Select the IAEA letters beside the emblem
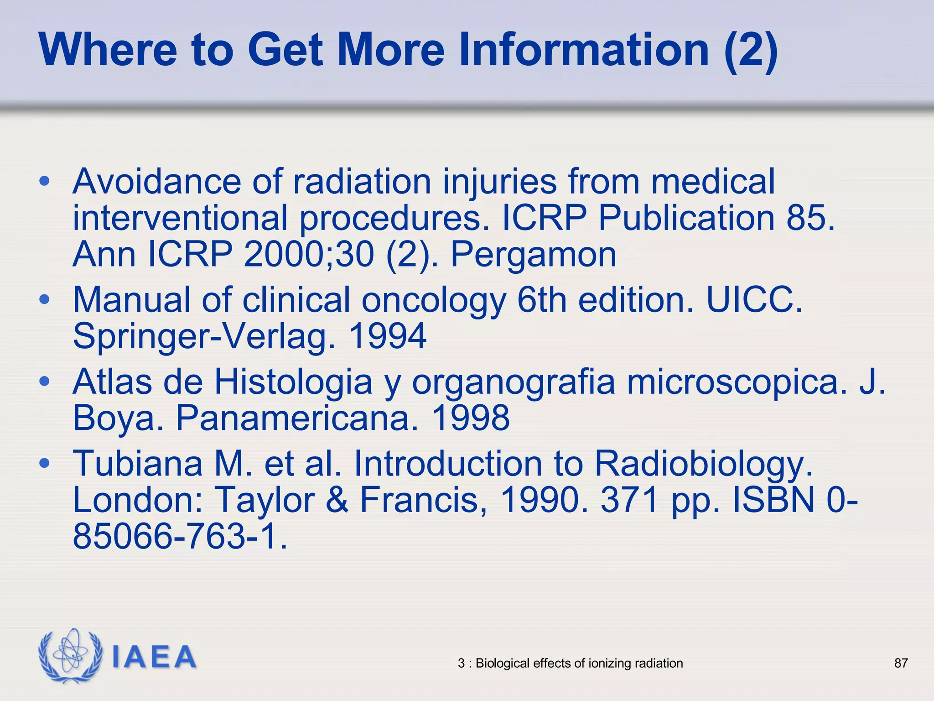[x=154, y=657]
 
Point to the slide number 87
[x=901, y=663]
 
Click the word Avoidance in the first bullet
[x=156, y=182]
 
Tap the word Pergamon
[x=534, y=254]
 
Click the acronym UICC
[x=754, y=300]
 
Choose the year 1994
[x=388, y=336]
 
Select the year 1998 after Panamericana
[x=471, y=418]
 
